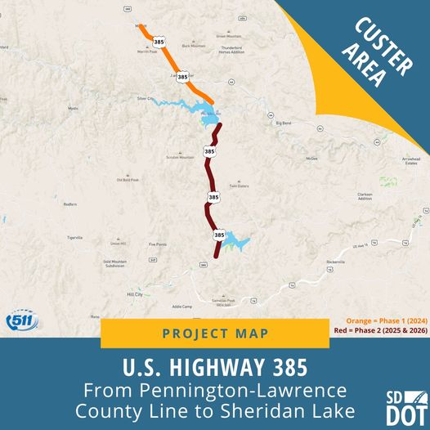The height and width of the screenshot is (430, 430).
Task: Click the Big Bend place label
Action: click(x=284, y=123)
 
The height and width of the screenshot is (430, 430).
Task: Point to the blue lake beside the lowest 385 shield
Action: click(x=235, y=241)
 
